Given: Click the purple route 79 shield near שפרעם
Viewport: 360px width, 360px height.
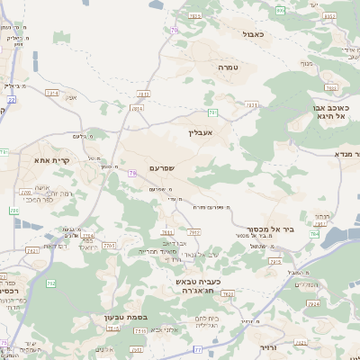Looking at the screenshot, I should (x=131, y=173).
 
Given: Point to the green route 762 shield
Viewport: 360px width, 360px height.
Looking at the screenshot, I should (x=50, y=284).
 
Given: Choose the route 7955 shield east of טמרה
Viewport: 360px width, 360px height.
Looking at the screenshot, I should (x=332, y=87).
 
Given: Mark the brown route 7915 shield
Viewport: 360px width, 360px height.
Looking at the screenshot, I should (x=138, y=108).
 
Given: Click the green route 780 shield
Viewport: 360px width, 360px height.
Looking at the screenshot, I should (x=14, y=211).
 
